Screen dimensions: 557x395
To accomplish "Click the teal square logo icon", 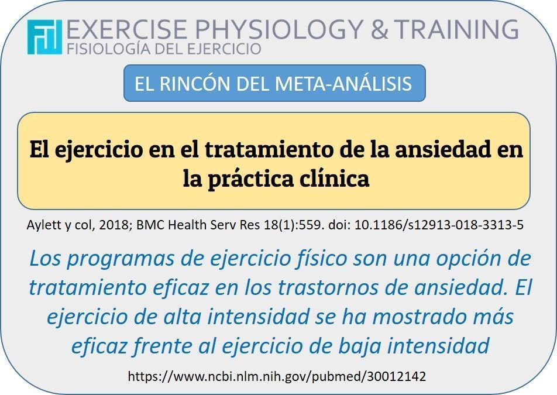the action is coord(44,37).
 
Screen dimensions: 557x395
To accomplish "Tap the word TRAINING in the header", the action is coord(456,29).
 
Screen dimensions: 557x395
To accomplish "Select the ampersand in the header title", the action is coord(379,29).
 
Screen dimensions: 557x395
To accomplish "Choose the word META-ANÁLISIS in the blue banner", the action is coord(343,84).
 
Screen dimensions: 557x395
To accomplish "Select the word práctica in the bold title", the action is coord(251,178).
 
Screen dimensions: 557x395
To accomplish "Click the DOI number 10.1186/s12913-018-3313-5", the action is coord(439,225).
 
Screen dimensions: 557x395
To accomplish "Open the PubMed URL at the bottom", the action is coord(277,376).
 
